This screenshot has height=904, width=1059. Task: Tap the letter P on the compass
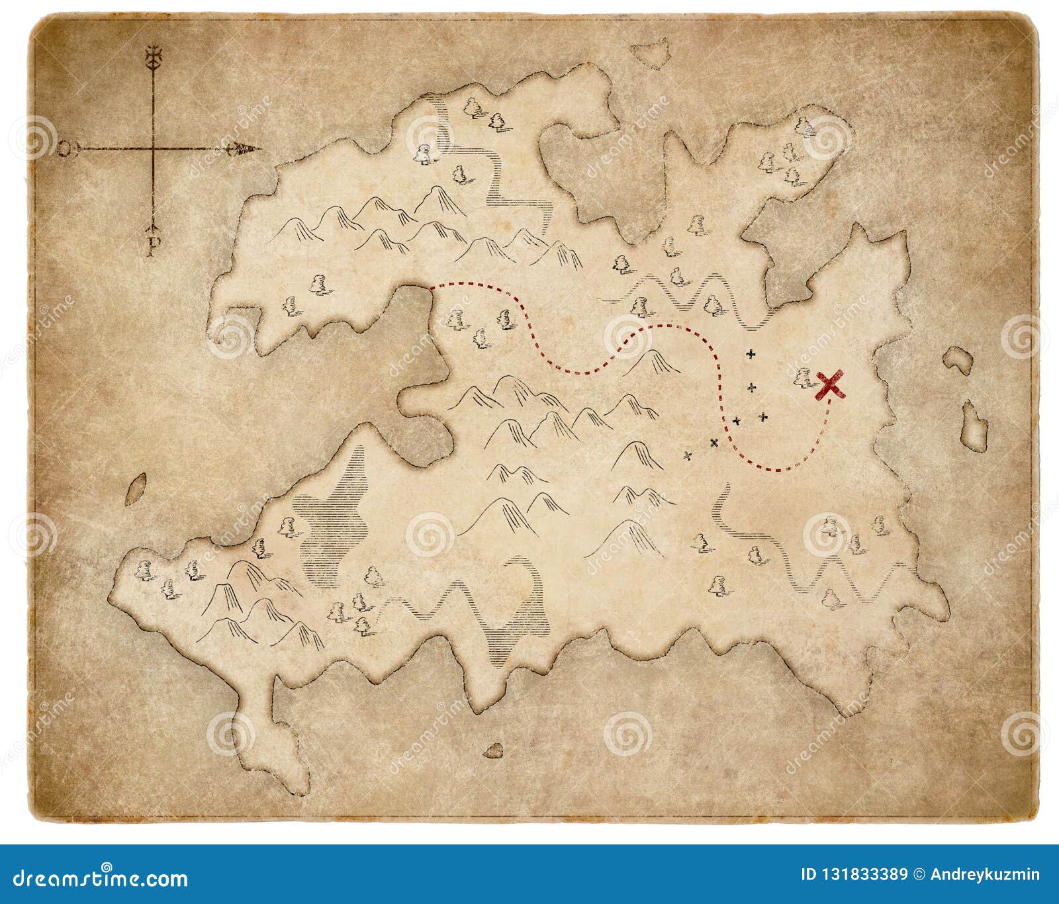(x=153, y=246)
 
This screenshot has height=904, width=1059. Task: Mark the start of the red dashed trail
(x=433, y=287)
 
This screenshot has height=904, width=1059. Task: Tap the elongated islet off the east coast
(x=973, y=425)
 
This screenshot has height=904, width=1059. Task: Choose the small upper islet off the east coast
(x=958, y=359)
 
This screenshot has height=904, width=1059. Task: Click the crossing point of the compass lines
(x=154, y=150)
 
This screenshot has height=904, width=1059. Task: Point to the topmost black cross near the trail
(x=751, y=354)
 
